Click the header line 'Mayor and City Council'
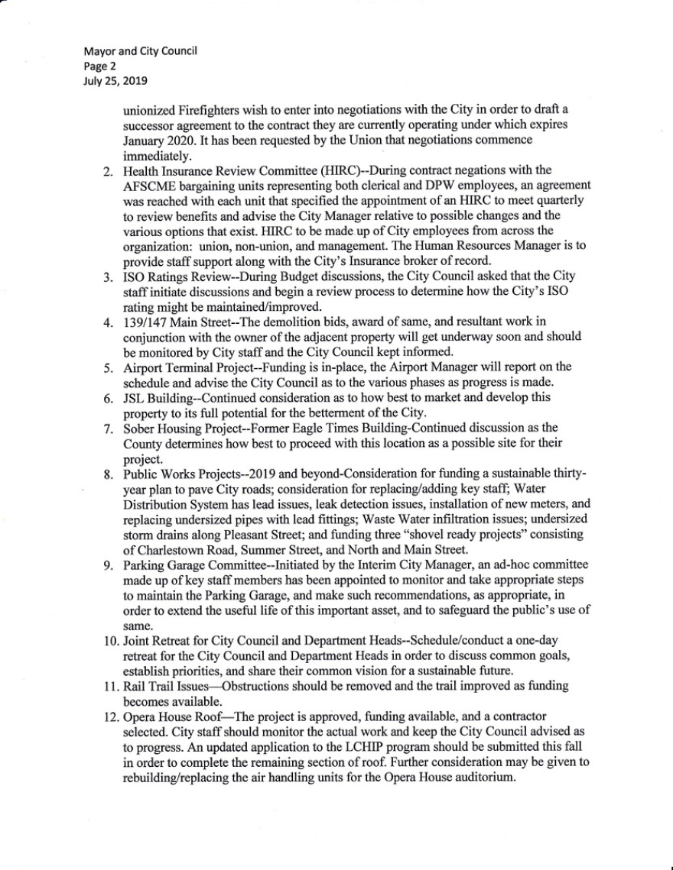[x=141, y=51]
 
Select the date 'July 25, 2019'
[x=115, y=79]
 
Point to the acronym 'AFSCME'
[x=148, y=184]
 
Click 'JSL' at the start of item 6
[x=134, y=397]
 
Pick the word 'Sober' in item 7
[x=138, y=427]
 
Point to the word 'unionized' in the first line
[x=148, y=108]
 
